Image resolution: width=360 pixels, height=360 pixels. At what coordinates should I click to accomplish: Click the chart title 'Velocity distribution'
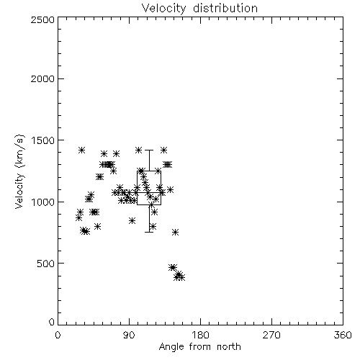(199, 8)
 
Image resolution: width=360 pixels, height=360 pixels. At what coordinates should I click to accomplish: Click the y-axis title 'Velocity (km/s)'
(19, 171)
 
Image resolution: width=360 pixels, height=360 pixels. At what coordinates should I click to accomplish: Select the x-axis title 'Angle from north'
(199, 347)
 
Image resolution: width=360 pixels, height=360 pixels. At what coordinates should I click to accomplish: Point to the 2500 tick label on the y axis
(43, 19)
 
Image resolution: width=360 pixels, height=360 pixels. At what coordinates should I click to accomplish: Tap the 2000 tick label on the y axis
(43, 78)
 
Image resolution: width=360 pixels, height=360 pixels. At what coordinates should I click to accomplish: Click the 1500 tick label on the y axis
(43, 140)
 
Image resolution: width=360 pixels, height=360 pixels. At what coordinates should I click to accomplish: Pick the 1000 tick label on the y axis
(43, 202)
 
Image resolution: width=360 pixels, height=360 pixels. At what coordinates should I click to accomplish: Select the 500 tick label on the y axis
(46, 264)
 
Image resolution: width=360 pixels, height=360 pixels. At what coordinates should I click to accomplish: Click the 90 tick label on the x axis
(129, 335)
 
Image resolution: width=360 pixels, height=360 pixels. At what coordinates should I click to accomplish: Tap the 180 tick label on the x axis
(200, 335)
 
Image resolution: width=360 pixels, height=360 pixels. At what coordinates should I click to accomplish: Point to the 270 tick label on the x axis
(271, 335)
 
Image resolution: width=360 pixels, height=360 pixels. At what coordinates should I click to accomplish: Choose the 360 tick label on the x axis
(343, 335)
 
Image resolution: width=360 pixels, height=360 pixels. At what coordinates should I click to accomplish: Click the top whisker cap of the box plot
(149, 150)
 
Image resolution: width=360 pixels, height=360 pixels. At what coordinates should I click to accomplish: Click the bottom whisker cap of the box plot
(149, 232)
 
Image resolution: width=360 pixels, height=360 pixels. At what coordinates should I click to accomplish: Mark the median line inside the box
(149, 192)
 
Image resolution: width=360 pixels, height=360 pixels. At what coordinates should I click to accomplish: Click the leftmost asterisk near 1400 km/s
(82, 150)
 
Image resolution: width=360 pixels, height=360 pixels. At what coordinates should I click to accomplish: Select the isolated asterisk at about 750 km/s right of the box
(176, 232)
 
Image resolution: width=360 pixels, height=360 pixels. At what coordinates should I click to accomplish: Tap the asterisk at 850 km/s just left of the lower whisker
(132, 220)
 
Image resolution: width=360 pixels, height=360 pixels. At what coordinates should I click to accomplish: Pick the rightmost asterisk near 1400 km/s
(163, 150)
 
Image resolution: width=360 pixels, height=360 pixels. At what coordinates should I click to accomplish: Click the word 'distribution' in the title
(225, 8)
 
